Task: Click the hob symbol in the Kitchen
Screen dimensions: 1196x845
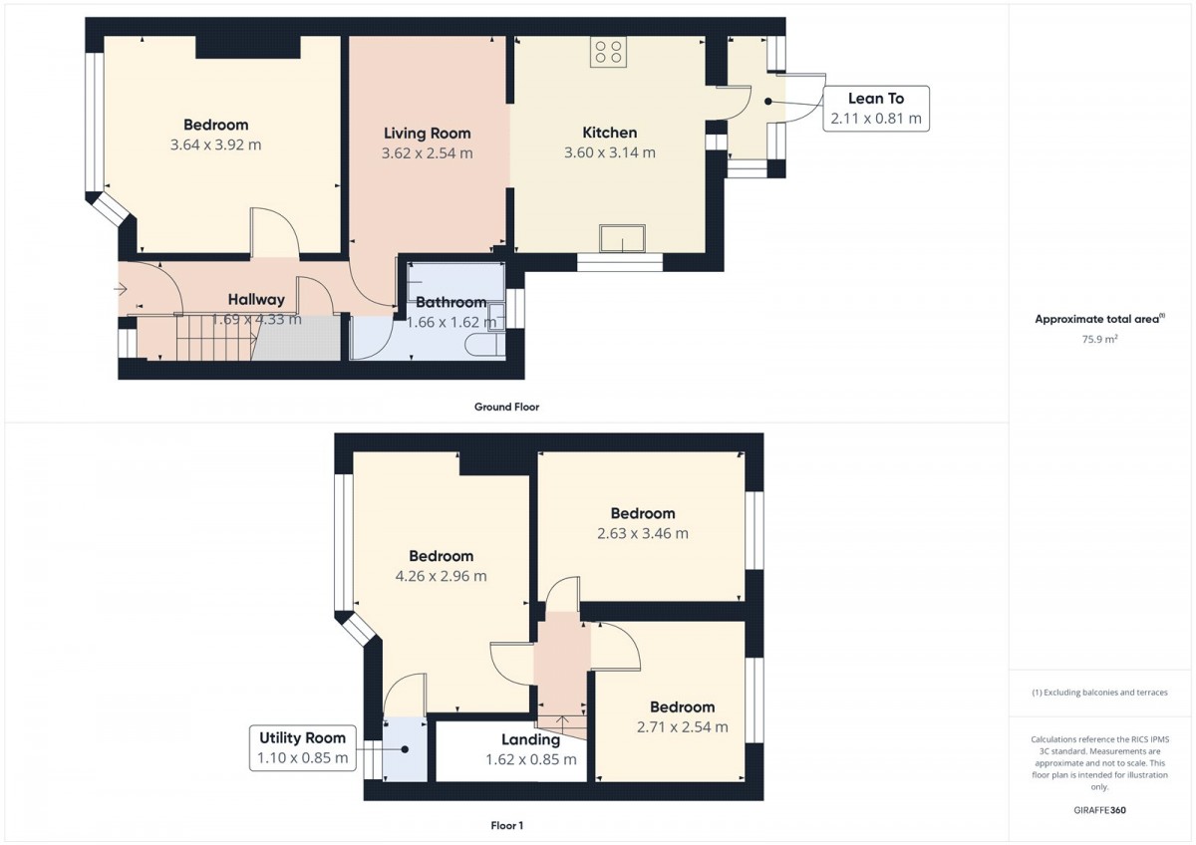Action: (x=608, y=51)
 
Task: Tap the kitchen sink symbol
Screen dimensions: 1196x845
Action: (x=622, y=238)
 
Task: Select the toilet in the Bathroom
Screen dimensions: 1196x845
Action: (x=484, y=345)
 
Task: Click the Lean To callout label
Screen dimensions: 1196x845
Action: (x=876, y=109)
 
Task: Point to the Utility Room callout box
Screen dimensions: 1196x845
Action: (x=303, y=748)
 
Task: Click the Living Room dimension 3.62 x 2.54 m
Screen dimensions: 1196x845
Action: (x=428, y=153)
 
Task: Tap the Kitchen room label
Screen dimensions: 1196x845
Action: (x=610, y=133)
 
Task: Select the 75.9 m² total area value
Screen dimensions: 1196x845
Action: (x=1100, y=339)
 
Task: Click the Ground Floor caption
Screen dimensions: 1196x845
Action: (x=506, y=407)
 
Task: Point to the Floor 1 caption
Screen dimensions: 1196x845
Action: (x=506, y=825)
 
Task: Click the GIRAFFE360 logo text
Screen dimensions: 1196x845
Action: (x=1100, y=810)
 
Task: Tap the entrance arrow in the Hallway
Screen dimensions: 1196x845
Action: (x=120, y=290)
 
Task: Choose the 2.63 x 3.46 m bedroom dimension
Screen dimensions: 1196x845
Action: (x=643, y=533)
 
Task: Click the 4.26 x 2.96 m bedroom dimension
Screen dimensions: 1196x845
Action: (x=441, y=576)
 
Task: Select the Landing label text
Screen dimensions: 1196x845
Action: (x=530, y=739)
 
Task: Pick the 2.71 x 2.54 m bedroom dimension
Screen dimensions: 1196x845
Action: (x=683, y=727)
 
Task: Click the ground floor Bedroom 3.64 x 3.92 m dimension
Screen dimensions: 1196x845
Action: (x=215, y=144)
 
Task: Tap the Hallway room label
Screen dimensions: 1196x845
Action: (x=256, y=300)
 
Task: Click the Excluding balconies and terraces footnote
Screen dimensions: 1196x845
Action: (x=1100, y=693)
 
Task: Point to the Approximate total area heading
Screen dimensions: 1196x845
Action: (x=1100, y=319)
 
